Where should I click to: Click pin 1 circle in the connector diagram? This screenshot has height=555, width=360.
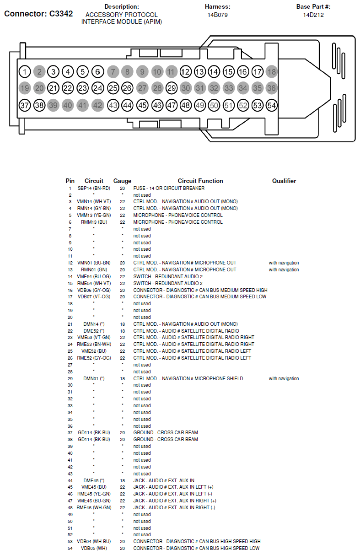pyautogui.click(x=25, y=71)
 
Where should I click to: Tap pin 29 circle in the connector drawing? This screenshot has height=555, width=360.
pyautogui.click(x=172, y=88)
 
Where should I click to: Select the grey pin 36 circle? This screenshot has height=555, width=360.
pyautogui.click(x=272, y=88)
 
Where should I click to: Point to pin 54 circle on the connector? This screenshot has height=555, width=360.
pyautogui.click(x=272, y=105)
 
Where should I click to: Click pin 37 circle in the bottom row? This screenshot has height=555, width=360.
pyautogui.click(x=25, y=105)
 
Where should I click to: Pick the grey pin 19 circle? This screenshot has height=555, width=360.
pyautogui.click(x=25, y=88)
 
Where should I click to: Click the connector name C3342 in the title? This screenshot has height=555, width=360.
pyautogui.click(x=58, y=14)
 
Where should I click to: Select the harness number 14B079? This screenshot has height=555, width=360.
pyautogui.click(x=217, y=15)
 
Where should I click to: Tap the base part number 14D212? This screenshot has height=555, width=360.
pyautogui.click(x=313, y=15)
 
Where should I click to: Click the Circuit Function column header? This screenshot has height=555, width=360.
pyautogui.click(x=200, y=181)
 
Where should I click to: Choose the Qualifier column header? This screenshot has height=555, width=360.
pyautogui.click(x=284, y=181)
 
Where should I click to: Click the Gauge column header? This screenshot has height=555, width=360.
pyautogui.click(x=122, y=181)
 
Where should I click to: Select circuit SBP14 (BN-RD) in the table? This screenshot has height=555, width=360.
pyautogui.click(x=94, y=188)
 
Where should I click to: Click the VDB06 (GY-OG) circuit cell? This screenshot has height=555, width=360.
pyautogui.click(x=94, y=290)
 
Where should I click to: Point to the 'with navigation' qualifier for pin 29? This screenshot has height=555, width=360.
pyautogui.click(x=284, y=378)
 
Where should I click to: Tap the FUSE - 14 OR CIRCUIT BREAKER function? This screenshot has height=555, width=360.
pyautogui.click(x=169, y=188)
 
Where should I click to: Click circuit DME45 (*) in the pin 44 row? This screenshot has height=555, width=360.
pyautogui.click(x=94, y=480)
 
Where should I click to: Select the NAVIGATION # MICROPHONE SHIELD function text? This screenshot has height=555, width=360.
pyautogui.click(x=201, y=378)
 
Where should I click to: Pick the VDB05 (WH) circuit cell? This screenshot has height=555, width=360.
pyautogui.click(x=94, y=548)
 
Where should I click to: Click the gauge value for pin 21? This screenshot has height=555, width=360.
pyautogui.click(x=122, y=324)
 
